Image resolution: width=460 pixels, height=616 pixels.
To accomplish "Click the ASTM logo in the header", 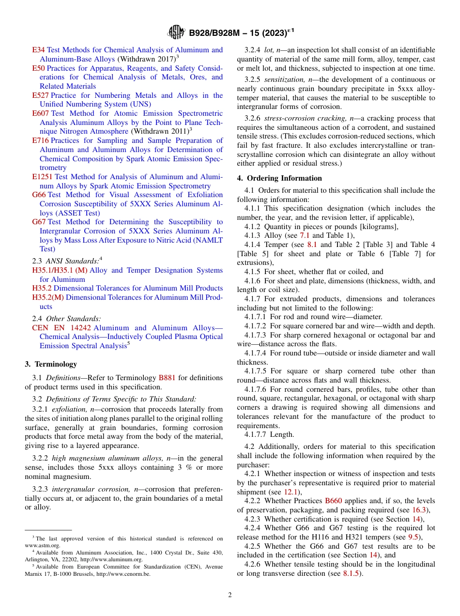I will pos(176,32).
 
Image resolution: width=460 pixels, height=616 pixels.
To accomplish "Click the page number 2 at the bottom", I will pos(230,595).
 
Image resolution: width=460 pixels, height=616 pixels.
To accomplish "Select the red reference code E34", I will pos(38,50).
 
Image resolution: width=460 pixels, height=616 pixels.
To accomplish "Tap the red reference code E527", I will pos(40,95).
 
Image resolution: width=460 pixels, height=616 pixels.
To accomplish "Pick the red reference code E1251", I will pos(42,177).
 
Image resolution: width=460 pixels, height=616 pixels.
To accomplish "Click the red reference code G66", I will pos(39,195).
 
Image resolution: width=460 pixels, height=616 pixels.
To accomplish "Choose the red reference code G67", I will pos(39,222).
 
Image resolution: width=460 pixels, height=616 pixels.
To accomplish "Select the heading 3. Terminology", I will pos(51,364).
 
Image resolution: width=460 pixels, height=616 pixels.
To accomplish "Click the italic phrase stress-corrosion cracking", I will pos(300,118).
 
